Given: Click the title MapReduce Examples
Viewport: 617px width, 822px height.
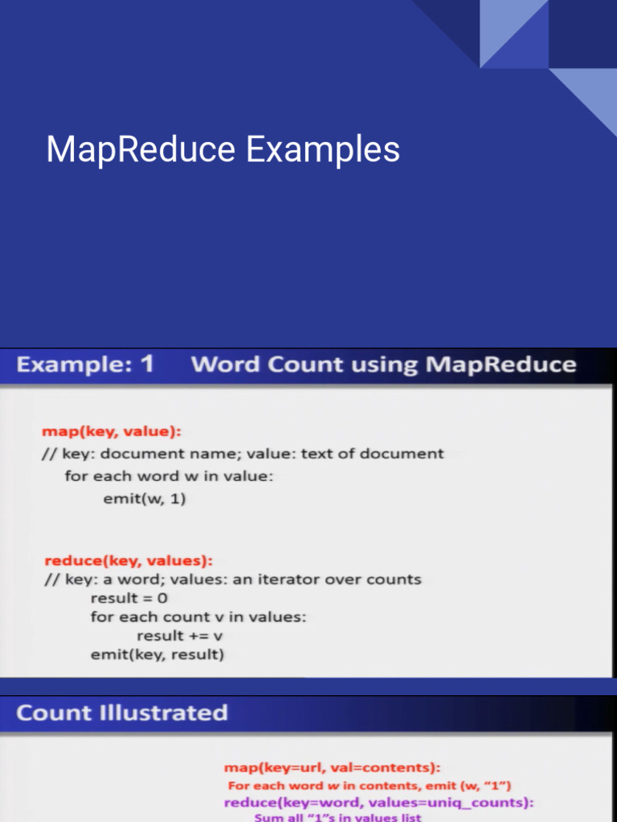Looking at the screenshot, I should [x=223, y=150].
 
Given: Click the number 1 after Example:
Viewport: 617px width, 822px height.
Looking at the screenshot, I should [x=145, y=364].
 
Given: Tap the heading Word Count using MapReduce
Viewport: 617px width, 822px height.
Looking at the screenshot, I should [x=383, y=365].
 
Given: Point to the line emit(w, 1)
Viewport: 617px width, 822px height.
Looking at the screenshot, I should [x=145, y=498].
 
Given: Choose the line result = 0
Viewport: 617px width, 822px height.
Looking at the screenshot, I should [x=129, y=598].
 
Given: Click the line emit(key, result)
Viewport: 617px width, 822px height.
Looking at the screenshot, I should [x=157, y=655].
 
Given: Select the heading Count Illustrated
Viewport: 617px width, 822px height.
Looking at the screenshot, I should [x=122, y=713].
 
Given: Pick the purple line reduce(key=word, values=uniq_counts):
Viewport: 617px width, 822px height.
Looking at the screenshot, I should [x=379, y=803].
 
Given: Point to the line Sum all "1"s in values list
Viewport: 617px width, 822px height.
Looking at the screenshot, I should [x=337, y=817].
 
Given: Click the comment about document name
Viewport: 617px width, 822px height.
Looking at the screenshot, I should [x=243, y=454].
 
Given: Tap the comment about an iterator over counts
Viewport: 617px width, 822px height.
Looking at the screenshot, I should [x=232, y=580].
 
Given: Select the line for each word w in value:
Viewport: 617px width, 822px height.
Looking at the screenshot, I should [x=169, y=476].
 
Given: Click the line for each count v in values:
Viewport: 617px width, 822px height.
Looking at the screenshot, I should [x=198, y=617].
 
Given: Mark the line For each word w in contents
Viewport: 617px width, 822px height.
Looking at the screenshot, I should [x=370, y=786].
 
